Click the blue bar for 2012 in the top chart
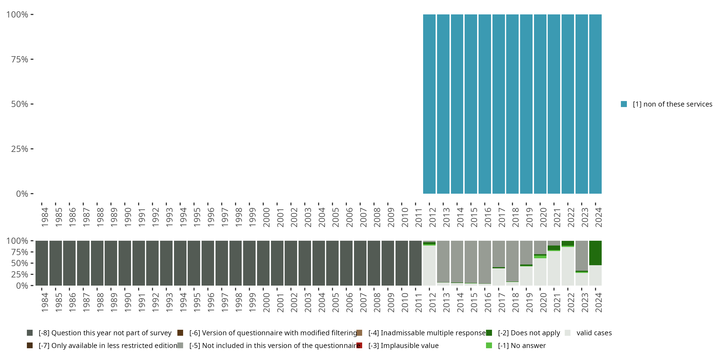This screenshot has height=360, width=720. pos(429,104)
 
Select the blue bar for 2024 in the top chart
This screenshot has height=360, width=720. pos(595,104)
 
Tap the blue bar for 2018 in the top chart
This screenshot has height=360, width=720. pos(512,104)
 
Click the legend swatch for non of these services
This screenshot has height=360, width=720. pos(624,104)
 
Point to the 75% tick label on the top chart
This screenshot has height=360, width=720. pos(20,59)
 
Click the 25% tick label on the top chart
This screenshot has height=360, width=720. pos(20,149)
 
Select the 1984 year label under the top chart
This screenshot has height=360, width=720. pos(45,217)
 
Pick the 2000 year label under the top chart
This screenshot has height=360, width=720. pos(266,217)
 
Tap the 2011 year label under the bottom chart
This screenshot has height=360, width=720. pos(418,303)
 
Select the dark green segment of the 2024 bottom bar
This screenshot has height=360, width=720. pos(595,253)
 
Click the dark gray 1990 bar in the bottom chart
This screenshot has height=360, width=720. pos(125,263)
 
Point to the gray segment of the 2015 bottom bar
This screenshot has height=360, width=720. pos(471,262)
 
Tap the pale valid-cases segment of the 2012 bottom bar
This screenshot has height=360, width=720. pos(429,265)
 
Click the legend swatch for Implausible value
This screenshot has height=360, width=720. pos(359,345)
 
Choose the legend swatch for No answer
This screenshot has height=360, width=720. pos(489,345)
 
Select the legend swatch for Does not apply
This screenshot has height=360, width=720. pos(489,333)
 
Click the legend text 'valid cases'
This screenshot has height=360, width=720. pos(594,333)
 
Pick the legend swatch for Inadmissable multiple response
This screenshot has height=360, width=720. pos(359,333)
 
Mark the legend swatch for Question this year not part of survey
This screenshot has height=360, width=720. pos(30,333)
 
